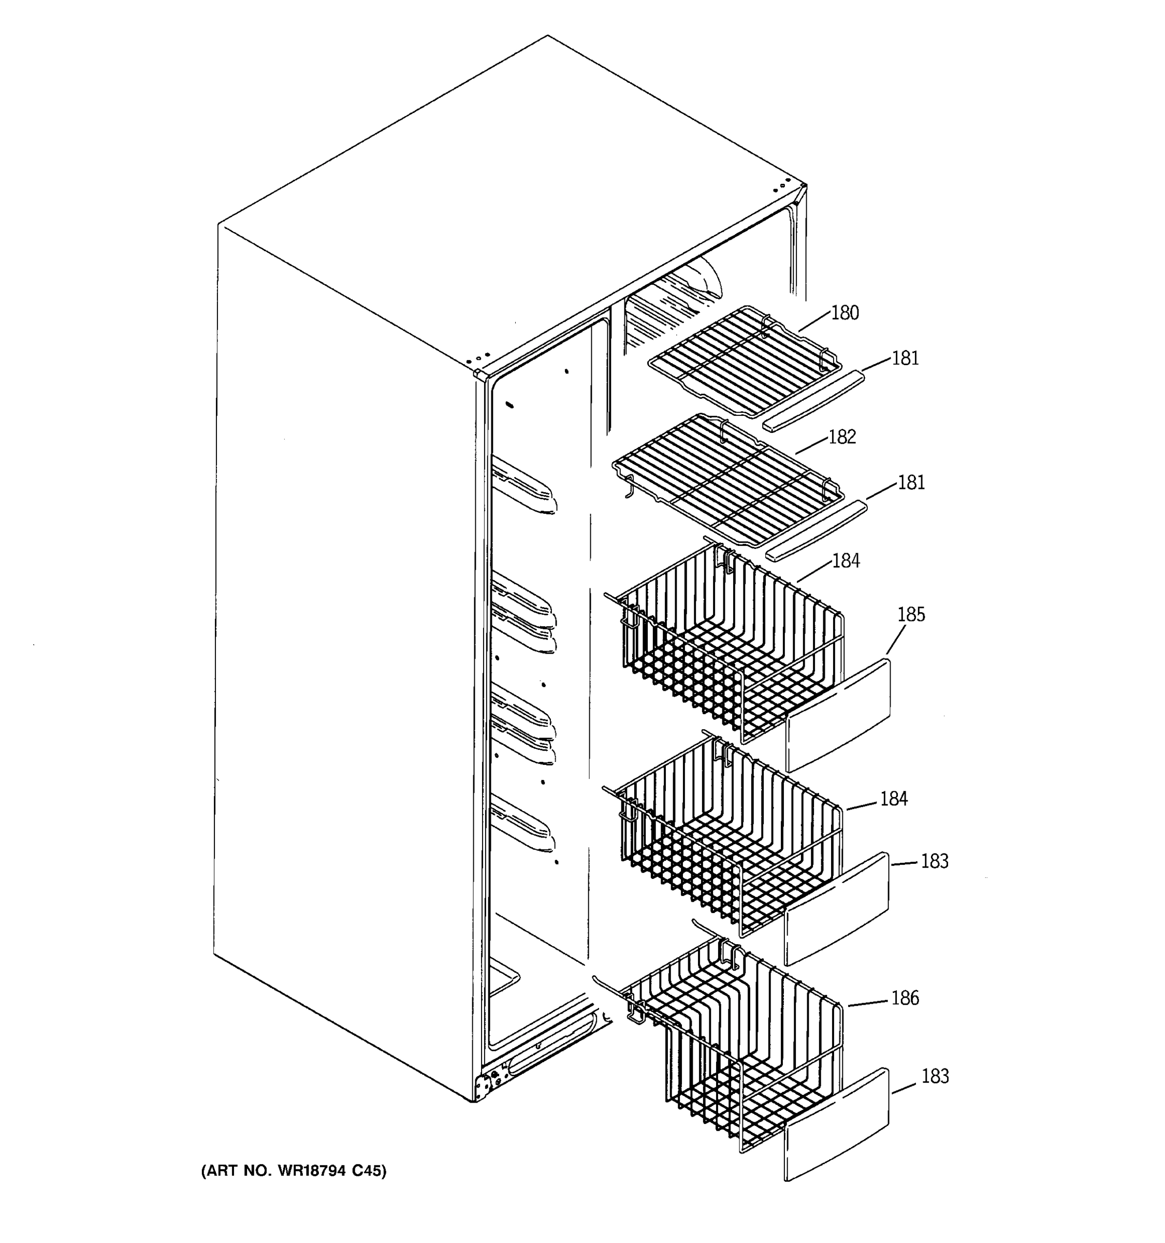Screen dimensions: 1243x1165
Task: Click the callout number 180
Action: point(844,313)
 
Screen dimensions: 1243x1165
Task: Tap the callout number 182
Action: point(842,437)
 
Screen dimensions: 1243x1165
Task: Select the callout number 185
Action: point(911,615)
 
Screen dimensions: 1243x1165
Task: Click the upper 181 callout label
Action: point(905,359)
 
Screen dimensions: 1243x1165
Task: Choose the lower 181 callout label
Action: point(911,483)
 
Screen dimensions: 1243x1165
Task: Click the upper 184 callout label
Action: point(846,561)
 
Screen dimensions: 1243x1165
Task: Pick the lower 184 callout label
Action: point(893,799)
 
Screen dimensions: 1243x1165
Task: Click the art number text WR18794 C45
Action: point(294,1170)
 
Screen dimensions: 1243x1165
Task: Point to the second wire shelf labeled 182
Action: point(728,479)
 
